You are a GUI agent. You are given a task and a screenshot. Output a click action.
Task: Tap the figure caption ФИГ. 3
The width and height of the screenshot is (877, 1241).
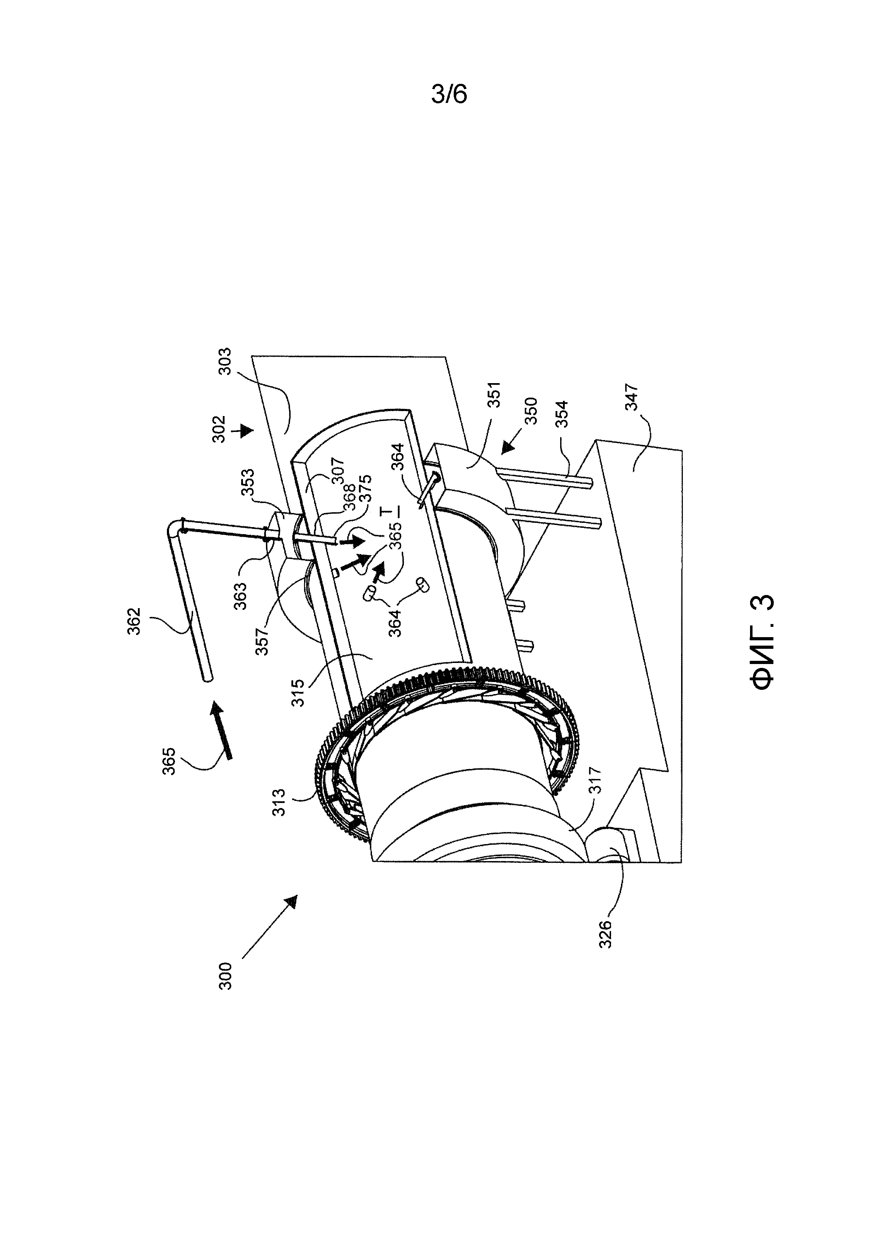(x=763, y=642)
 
